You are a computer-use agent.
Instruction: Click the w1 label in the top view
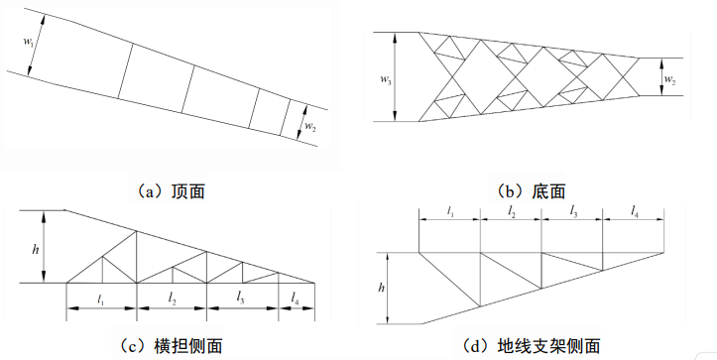pos(28,42)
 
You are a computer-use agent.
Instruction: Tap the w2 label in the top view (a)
pos(310,126)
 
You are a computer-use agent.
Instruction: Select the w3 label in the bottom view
pos(385,78)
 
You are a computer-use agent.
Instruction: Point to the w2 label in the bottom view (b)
pos(670,79)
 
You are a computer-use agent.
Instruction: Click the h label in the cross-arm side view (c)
pos(36,250)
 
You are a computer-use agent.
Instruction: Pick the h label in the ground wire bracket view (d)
pos(381,288)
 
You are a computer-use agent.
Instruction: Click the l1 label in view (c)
pos(100,300)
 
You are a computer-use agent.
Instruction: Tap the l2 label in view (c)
pos(172,300)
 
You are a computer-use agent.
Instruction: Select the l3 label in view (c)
pos(241,299)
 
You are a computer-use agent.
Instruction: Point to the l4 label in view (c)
pos(296,300)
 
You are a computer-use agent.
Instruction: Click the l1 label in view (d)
pos(450,211)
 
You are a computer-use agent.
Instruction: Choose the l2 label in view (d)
pos(512,211)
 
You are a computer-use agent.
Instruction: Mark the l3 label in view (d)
pos(573,210)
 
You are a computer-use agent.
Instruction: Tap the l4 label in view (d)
pos(635,211)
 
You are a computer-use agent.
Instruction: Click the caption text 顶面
pos(188,191)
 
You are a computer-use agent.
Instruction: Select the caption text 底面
pos(548,191)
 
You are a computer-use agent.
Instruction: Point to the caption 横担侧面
pos(188,346)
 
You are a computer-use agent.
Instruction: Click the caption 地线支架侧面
pos(548,346)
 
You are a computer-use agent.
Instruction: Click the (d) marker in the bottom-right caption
pos(476,346)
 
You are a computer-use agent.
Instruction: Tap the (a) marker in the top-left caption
pos(151,191)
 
